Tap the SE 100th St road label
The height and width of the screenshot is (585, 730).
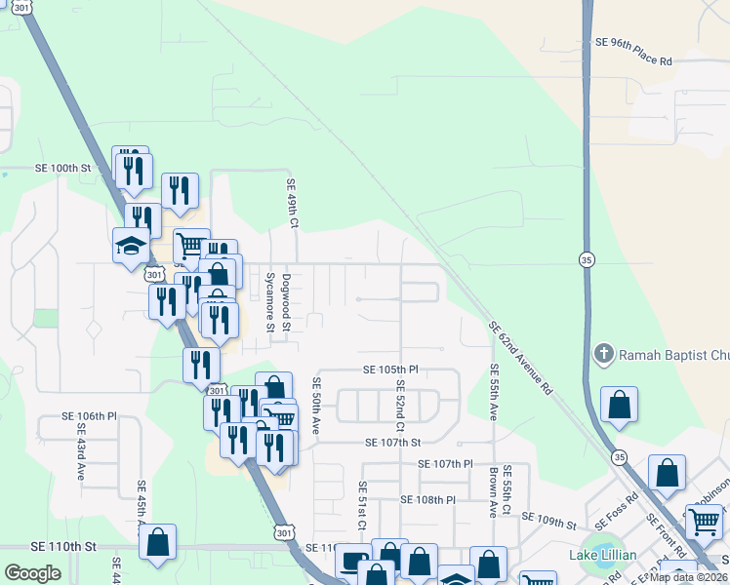click(x=62, y=169)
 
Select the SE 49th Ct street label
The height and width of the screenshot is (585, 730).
click(x=291, y=204)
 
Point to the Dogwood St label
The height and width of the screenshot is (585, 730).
click(x=286, y=301)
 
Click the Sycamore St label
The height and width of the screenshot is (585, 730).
click(x=270, y=302)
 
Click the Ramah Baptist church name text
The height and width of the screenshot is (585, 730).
click(x=673, y=352)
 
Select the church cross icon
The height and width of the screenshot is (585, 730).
click(x=604, y=352)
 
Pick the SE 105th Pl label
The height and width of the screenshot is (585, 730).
click(x=390, y=370)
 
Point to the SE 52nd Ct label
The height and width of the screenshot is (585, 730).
click(x=400, y=408)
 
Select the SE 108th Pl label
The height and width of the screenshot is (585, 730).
click(x=427, y=499)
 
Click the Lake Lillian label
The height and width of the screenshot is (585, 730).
click(x=603, y=556)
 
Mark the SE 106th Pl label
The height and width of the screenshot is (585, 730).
click(x=89, y=415)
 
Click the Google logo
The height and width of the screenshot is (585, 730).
click(x=32, y=572)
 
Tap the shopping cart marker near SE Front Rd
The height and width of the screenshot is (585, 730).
click(x=704, y=522)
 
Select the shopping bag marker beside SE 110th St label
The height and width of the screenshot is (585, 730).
click(x=158, y=542)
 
